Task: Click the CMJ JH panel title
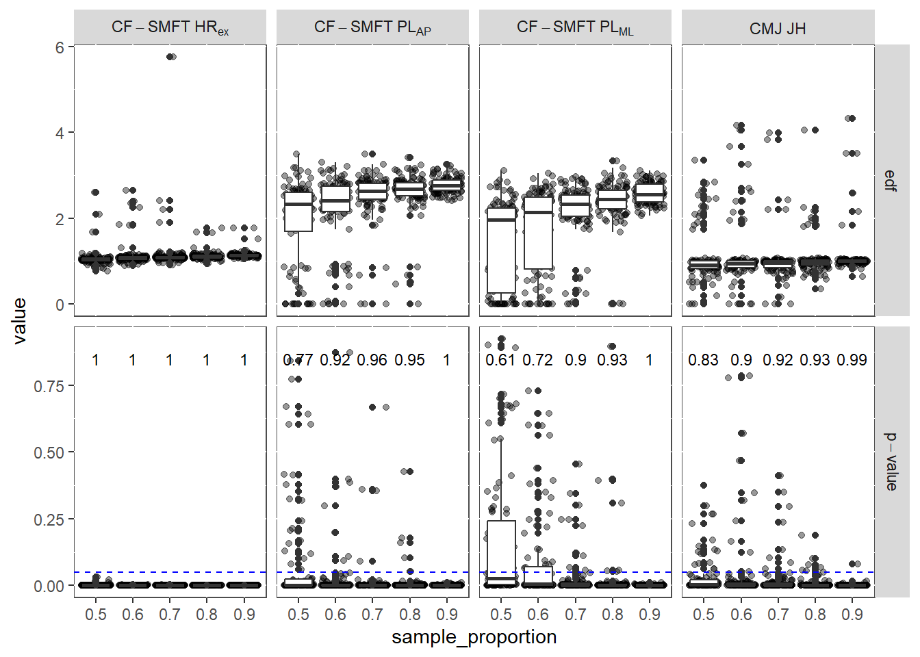pyautogui.click(x=778, y=28)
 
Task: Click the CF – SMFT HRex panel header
pyautogui.click(x=170, y=28)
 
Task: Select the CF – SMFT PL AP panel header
pyautogui.click(x=372, y=28)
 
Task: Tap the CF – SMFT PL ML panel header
pyautogui.click(x=575, y=28)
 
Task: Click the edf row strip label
pyautogui.click(x=891, y=181)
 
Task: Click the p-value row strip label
pyautogui.click(x=891, y=461)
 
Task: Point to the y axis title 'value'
pyautogui.click(x=19, y=320)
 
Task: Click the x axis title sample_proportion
pyautogui.click(x=474, y=637)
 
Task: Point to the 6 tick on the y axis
pyautogui.click(x=60, y=47)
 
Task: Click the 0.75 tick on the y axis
pyautogui.click(x=49, y=386)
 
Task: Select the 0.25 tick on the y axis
pyautogui.click(x=49, y=519)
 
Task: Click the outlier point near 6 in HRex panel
pyautogui.click(x=171, y=57)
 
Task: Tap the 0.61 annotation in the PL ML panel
pyautogui.click(x=500, y=360)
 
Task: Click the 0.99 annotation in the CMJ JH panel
pyautogui.click(x=852, y=360)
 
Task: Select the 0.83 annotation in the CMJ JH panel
pyautogui.click(x=703, y=360)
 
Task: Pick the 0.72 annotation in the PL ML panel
pyautogui.click(x=537, y=360)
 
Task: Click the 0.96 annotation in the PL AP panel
pyautogui.click(x=372, y=360)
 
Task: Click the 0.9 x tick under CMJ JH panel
pyautogui.click(x=852, y=615)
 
